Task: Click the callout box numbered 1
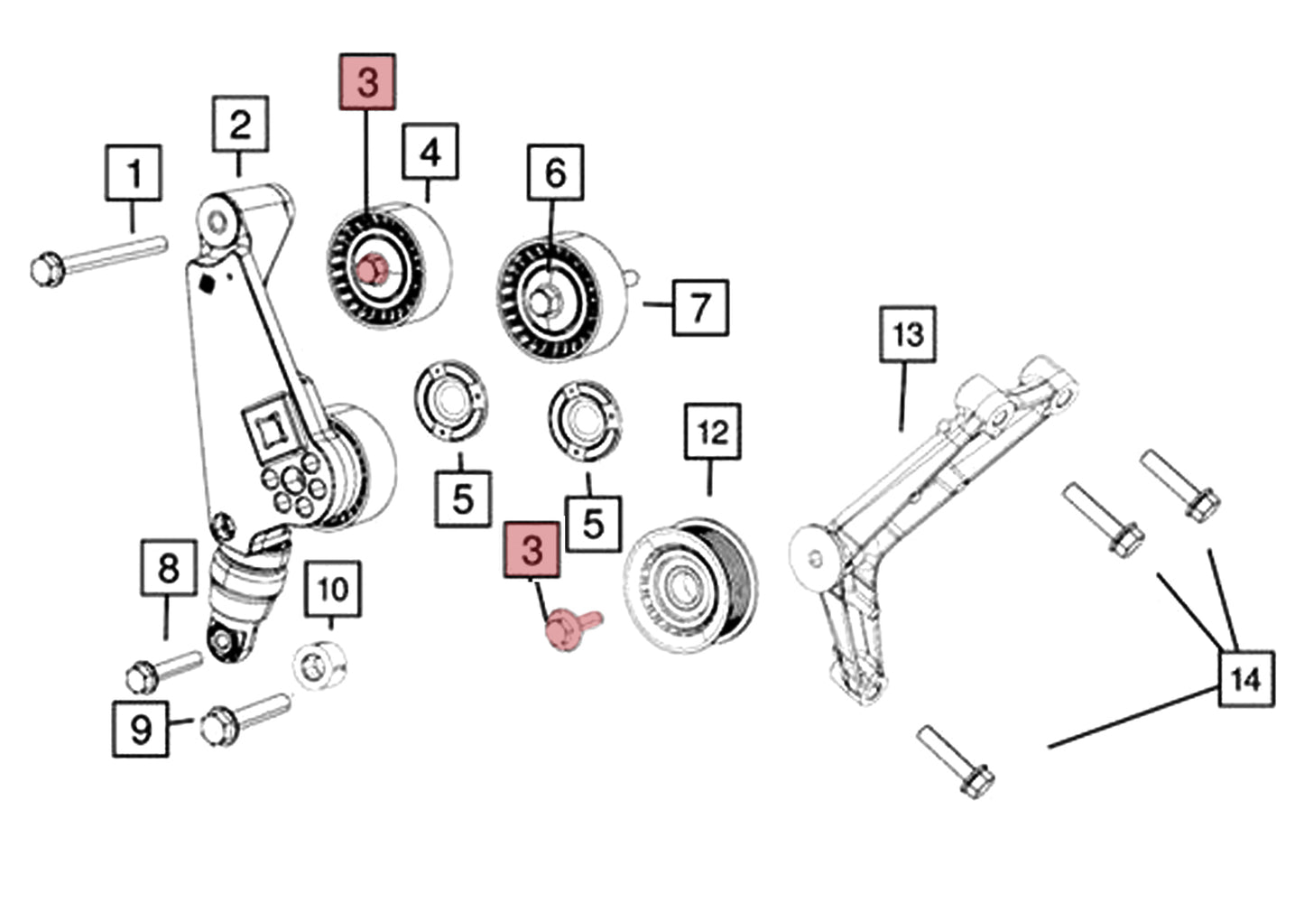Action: [134, 172]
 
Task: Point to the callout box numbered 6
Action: [555, 172]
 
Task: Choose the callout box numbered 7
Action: [700, 307]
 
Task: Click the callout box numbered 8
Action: [169, 568]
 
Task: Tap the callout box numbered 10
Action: [332, 589]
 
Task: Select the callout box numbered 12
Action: [713, 432]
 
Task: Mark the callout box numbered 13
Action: [908, 334]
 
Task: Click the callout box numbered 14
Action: [1246, 678]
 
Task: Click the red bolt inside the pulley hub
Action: [371, 269]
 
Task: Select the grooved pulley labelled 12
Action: [690, 587]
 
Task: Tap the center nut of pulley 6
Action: [544, 299]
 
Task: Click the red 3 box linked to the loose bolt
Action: [532, 549]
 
